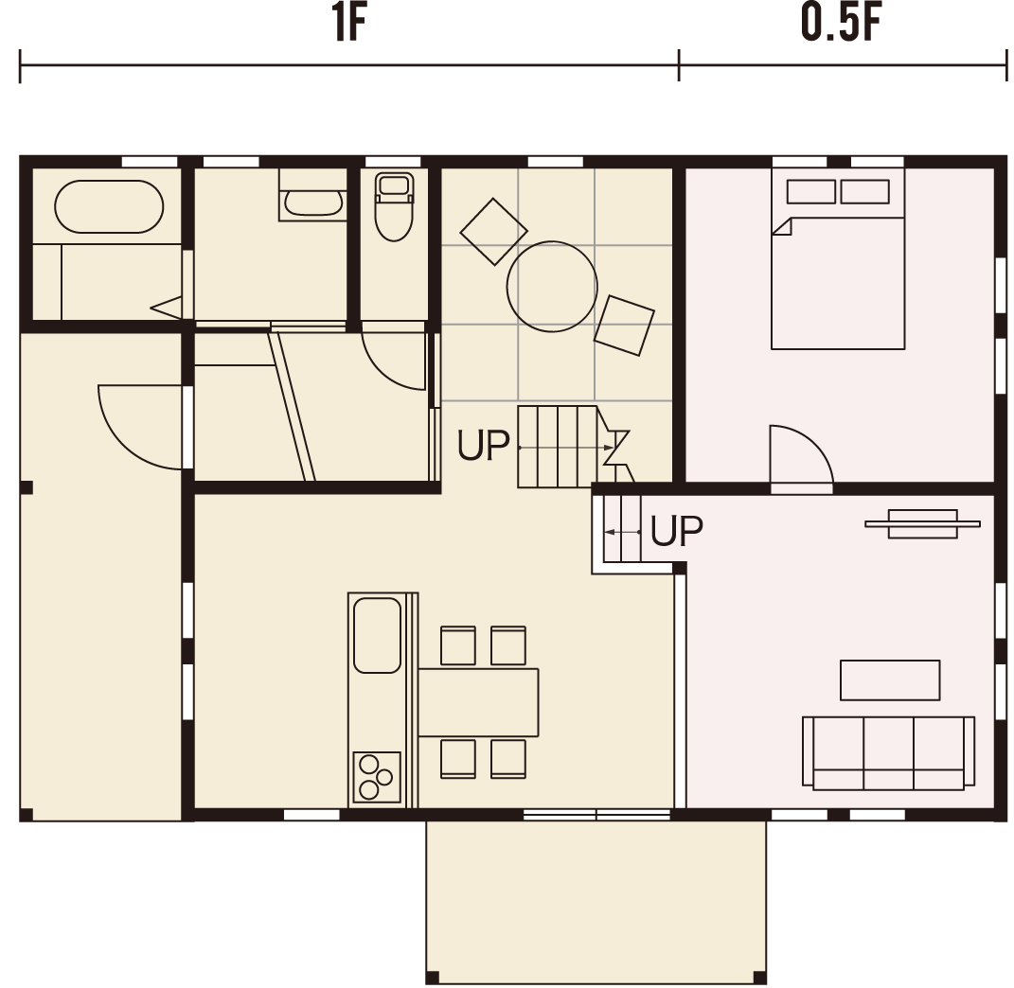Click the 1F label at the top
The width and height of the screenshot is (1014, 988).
pos(349,23)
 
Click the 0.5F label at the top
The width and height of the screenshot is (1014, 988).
pos(841,23)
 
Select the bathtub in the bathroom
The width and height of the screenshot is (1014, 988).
pos(109,206)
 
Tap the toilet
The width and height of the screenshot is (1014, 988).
pos(394,206)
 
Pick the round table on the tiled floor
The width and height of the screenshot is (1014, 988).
pos(552,287)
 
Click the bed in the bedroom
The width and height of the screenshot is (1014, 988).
pos(838,258)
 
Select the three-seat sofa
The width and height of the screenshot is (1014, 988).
pos(888,752)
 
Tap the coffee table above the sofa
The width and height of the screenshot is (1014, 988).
pos(890,679)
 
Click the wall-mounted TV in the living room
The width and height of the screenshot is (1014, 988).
pos(922,523)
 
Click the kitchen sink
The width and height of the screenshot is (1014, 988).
pos(377,635)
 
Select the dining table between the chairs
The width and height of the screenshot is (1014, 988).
pos(478,702)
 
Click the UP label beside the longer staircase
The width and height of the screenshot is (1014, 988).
pos(483,446)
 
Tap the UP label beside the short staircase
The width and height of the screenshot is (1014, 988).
pos(676,531)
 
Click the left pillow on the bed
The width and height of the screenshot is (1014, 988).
pos(811,192)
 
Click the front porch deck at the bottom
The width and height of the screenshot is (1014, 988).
pos(596,901)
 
